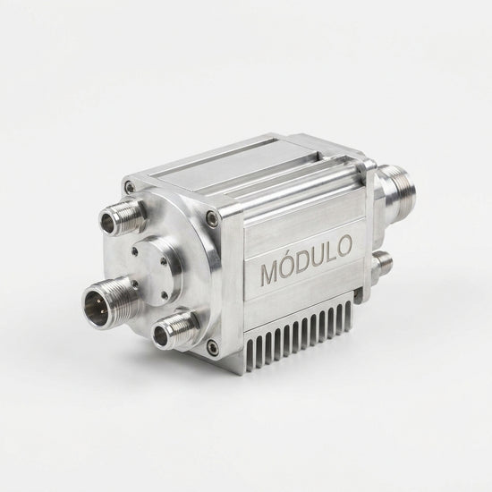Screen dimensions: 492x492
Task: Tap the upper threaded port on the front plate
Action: [x=122, y=216]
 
